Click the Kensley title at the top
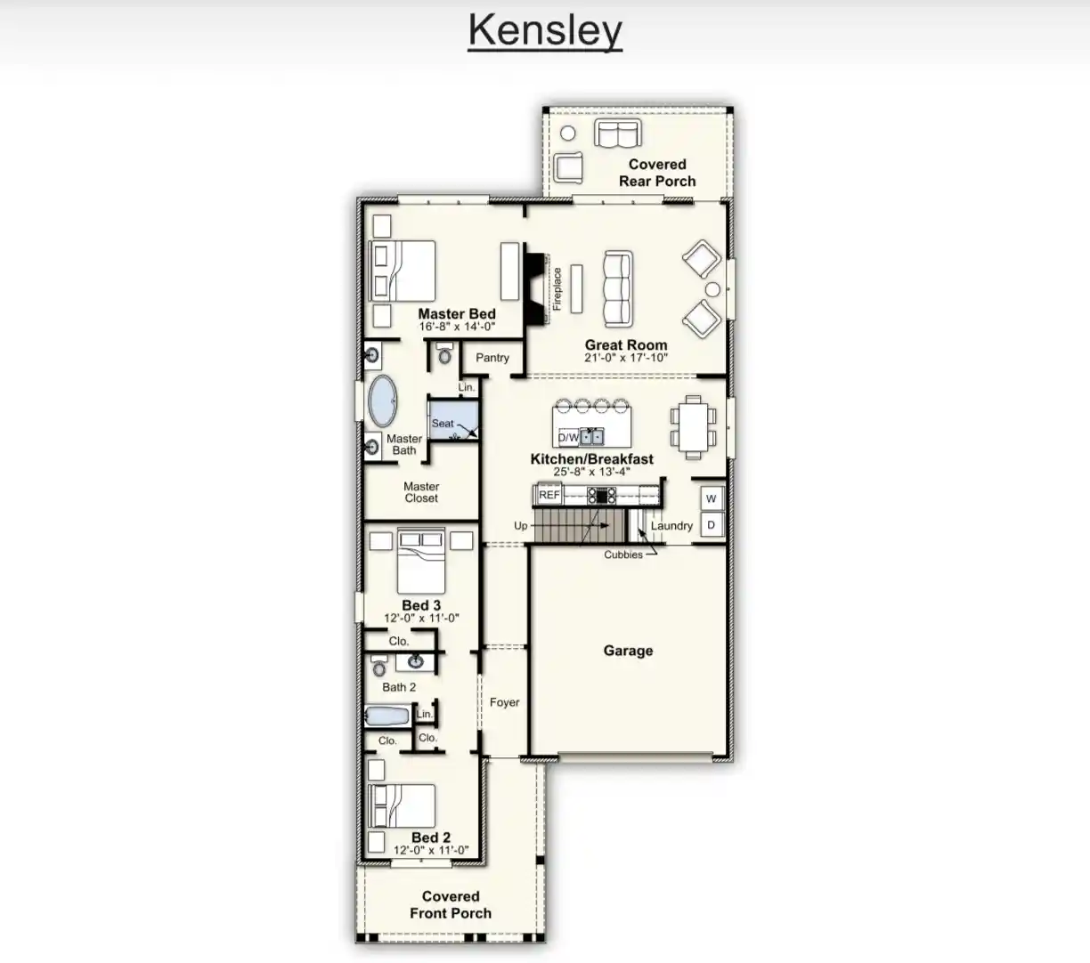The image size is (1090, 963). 545,31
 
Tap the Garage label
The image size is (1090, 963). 628,651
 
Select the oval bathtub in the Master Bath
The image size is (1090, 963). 383,401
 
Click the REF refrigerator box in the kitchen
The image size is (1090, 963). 549,495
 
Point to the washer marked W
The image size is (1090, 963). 712,498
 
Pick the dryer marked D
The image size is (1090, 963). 712,524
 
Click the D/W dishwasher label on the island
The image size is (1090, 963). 568,438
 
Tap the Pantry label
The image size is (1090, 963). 492,358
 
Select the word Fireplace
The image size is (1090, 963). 557,288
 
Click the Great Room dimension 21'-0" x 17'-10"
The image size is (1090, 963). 626,358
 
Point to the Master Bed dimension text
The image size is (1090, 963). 457,327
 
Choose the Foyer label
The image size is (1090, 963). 505,702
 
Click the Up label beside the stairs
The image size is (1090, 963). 520,525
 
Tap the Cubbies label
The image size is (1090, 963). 623,554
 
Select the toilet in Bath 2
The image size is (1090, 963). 380,666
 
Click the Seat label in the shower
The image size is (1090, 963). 443,423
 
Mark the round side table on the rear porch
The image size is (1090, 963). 567,133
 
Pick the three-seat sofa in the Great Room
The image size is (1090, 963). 618,288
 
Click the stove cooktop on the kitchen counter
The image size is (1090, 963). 601,495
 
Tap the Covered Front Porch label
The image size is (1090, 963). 451,904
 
